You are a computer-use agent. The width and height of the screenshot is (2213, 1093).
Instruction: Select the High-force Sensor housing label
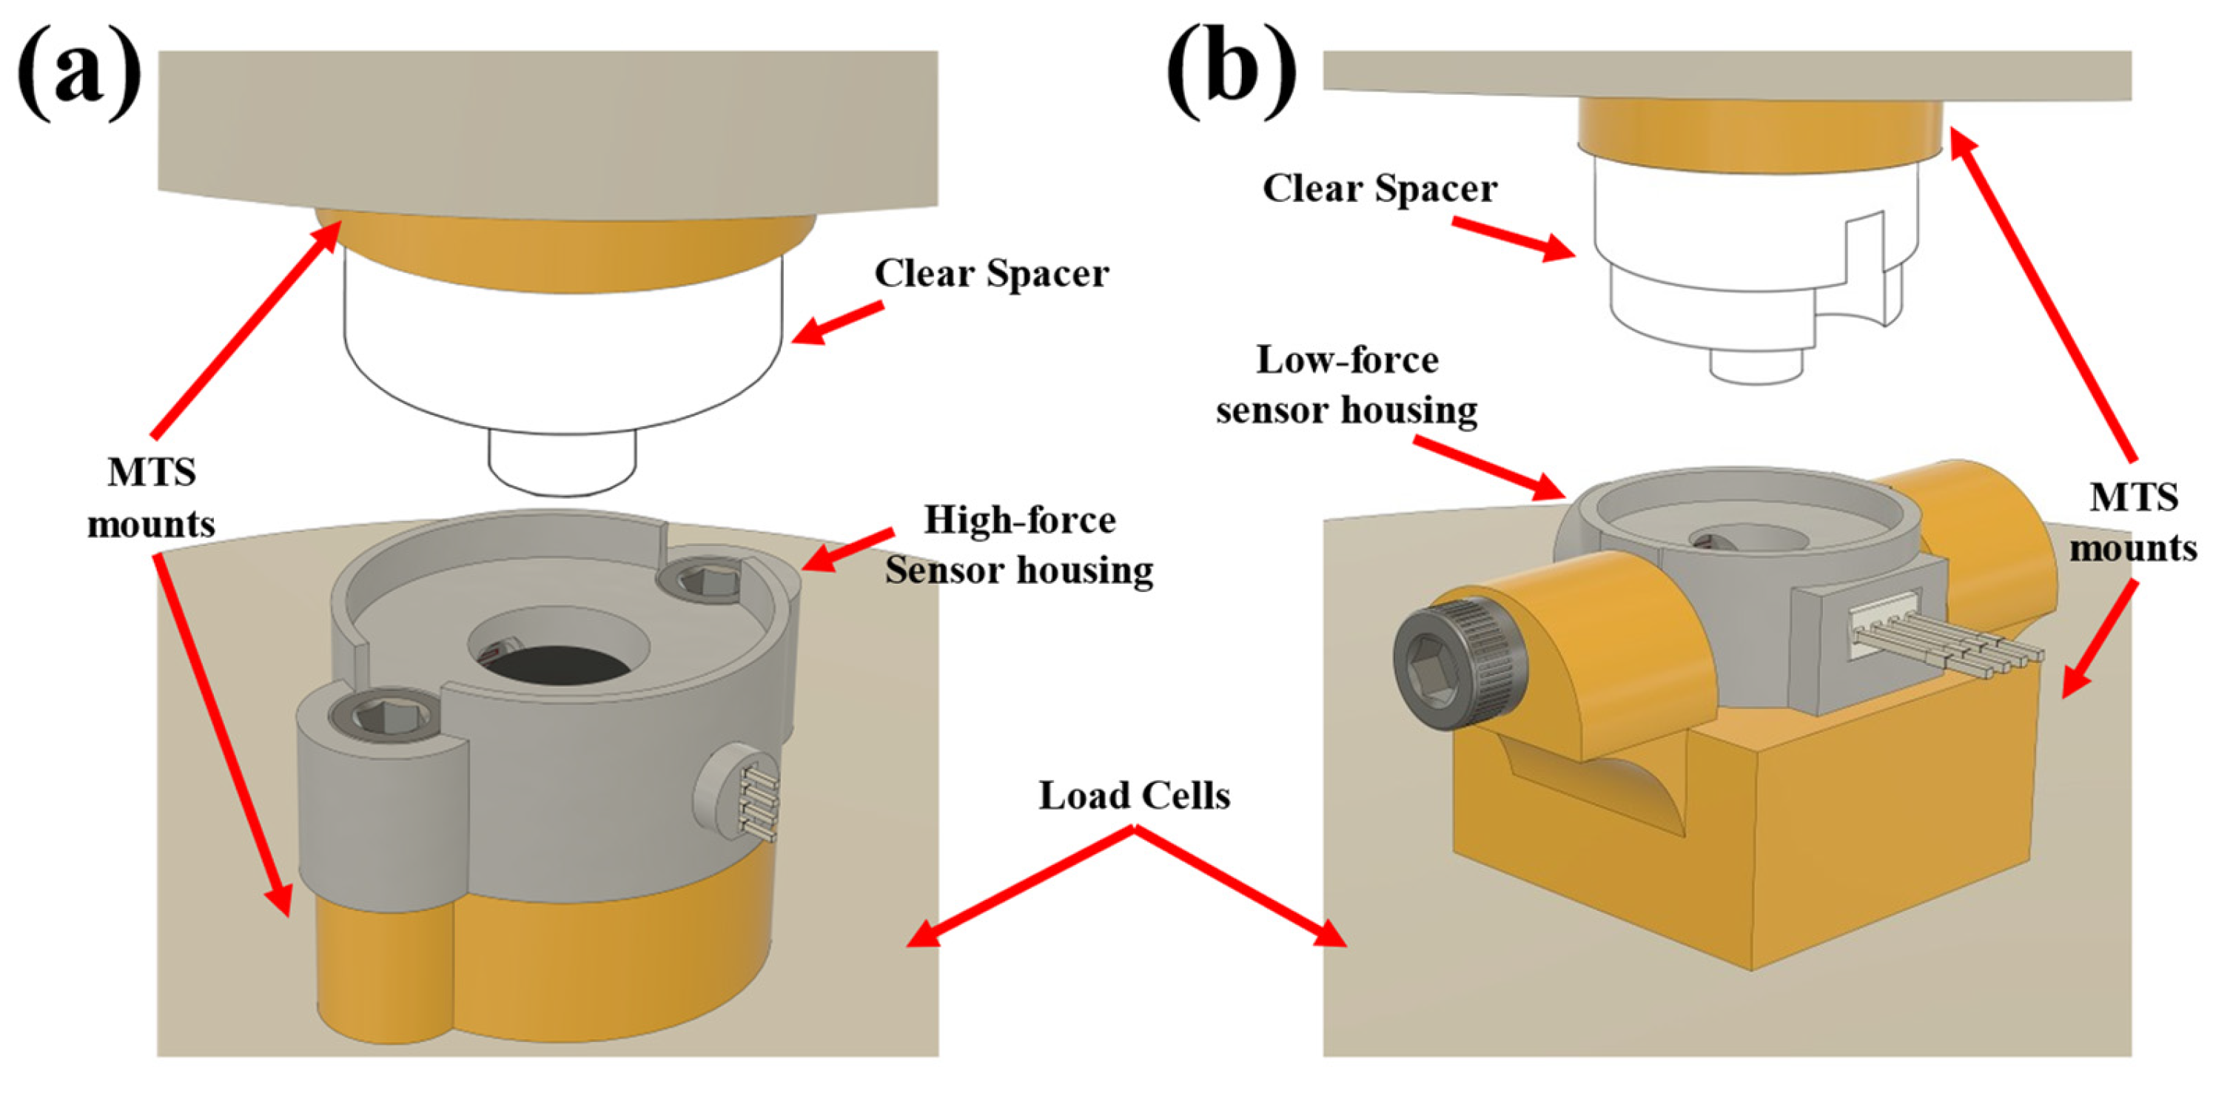point(1019,545)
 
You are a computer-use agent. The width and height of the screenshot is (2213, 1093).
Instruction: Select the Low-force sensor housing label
point(1346,385)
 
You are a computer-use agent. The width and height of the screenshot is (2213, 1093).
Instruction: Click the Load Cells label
point(1134,796)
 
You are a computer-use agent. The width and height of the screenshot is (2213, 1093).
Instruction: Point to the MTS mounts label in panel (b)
point(2133,522)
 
